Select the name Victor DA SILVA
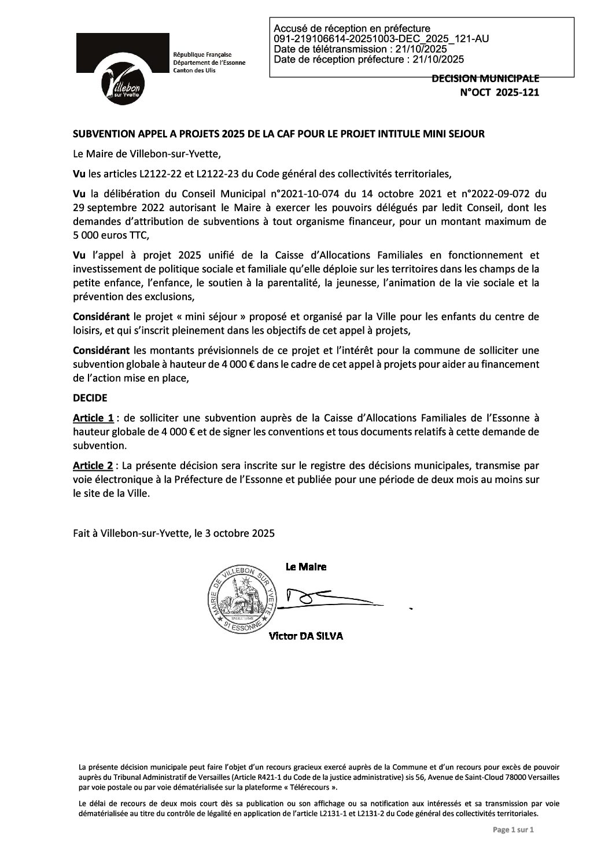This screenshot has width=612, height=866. coord(306,636)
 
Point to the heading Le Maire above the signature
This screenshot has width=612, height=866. coord(306,566)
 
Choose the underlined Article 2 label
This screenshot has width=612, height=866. coord(93,465)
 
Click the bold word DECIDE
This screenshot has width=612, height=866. coord(90,398)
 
